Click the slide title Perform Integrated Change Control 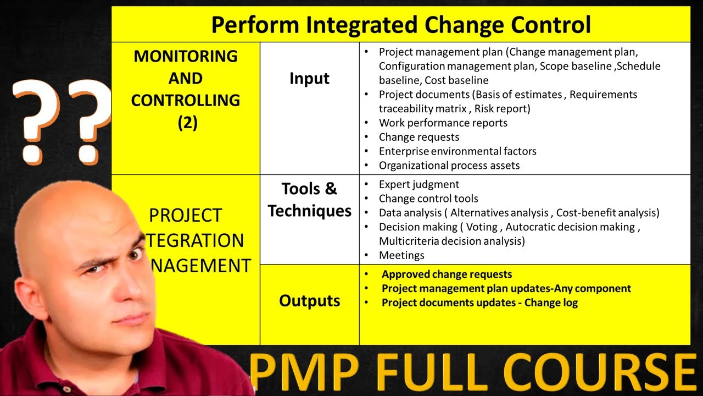pyautogui.click(x=401, y=25)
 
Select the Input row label pyautogui.click(x=309, y=79)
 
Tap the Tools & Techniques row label pyautogui.click(x=309, y=200)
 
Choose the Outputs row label pyautogui.click(x=309, y=301)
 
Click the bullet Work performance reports pyautogui.click(x=443, y=123)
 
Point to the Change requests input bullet pyautogui.click(x=419, y=137)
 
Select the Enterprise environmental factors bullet pyautogui.click(x=457, y=151)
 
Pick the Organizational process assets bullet pyautogui.click(x=449, y=165)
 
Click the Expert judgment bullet pyautogui.click(x=419, y=184)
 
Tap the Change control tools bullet pyautogui.click(x=428, y=199)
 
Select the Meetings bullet pyautogui.click(x=401, y=255)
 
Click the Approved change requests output pyautogui.click(x=447, y=274)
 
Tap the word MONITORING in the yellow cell pyautogui.click(x=186, y=56)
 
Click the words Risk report pyautogui.click(x=503, y=108)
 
